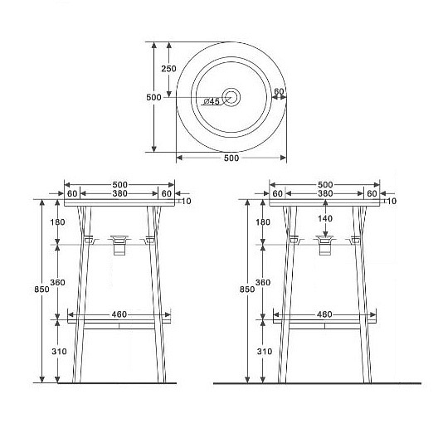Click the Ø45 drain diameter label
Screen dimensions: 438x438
click(x=212, y=101)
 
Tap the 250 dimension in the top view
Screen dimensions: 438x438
click(x=168, y=68)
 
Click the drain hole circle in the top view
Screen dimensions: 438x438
click(x=231, y=97)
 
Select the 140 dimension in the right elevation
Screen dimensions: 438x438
click(x=325, y=218)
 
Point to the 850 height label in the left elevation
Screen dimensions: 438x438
click(x=42, y=290)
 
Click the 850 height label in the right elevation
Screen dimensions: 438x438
click(x=247, y=290)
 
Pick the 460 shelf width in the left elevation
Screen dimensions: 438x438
click(x=119, y=314)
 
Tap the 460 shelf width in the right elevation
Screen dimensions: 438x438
click(x=324, y=314)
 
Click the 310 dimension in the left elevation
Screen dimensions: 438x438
click(x=59, y=351)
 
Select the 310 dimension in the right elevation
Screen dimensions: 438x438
click(x=265, y=351)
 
